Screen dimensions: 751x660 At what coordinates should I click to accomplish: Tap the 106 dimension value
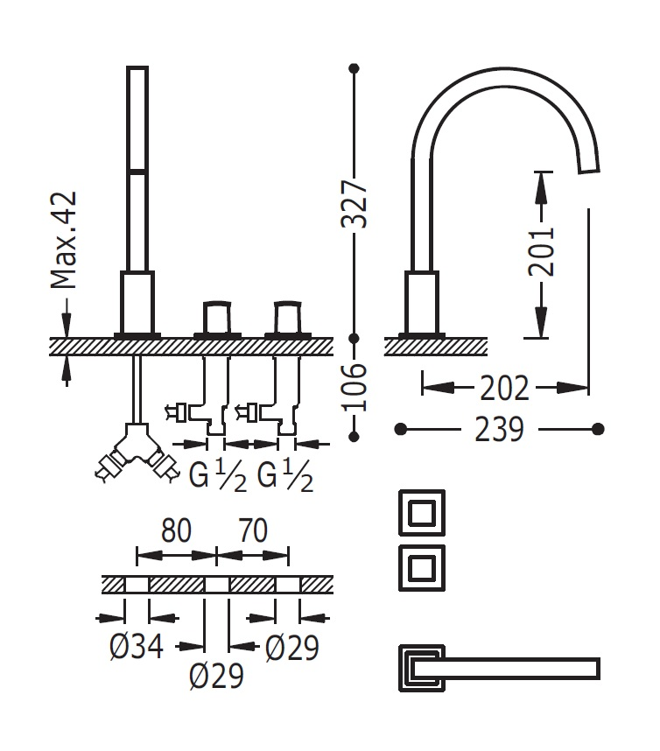pyautogui.click(x=355, y=386)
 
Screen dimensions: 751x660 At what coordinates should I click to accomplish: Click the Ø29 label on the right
pyautogui.click(x=292, y=648)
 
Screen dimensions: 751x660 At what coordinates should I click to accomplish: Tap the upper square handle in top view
pyautogui.click(x=421, y=512)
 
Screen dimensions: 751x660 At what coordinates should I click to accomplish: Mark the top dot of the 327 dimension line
pyautogui.click(x=355, y=67)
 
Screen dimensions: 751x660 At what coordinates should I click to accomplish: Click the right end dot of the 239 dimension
pyautogui.click(x=599, y=429)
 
